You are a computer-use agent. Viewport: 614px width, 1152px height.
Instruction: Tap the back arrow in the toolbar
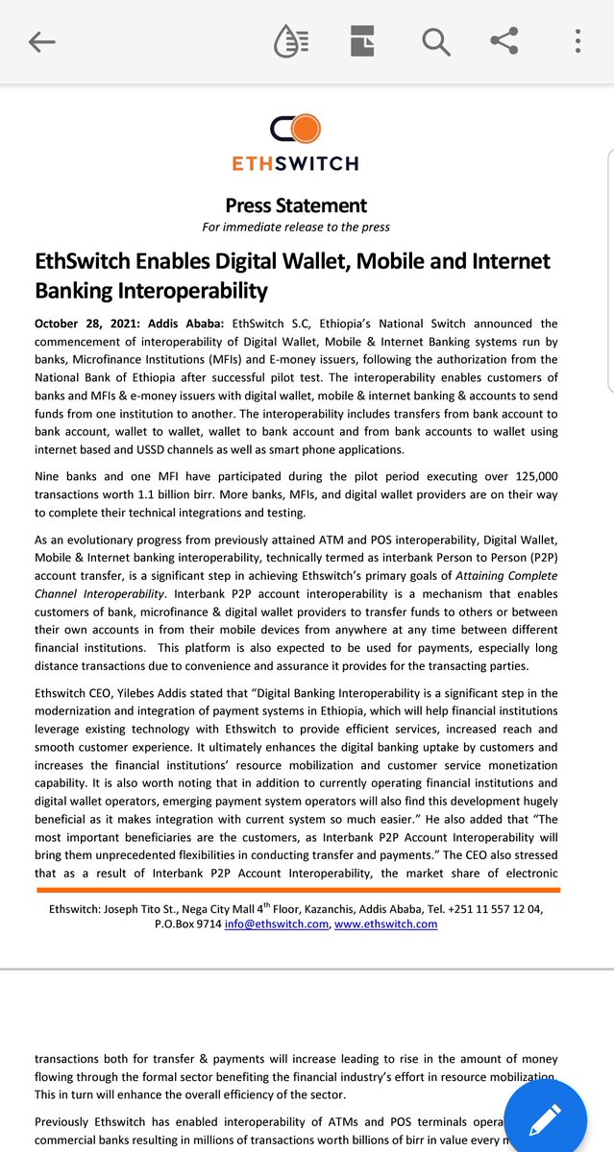[x=42, y=41]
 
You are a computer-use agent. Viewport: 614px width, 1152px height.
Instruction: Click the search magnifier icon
[x=435, y=41]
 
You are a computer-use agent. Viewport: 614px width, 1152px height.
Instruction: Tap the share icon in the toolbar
[x=504, y=40]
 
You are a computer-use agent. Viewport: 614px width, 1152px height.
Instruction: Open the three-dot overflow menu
[x=577, y=41]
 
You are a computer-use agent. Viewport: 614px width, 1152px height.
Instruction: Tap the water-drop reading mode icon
[x=290, y=41]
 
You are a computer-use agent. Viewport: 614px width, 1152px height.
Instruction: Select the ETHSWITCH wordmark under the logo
[x=295, y=163]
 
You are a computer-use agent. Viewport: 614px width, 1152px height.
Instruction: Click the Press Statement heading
[x=296, y=204]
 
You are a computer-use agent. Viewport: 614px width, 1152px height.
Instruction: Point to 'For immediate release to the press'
[x=296, y=228]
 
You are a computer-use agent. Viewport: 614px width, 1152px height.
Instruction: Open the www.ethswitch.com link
[x=385, y=924]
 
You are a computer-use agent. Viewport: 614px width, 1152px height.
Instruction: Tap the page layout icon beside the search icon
[x=362, y=41]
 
